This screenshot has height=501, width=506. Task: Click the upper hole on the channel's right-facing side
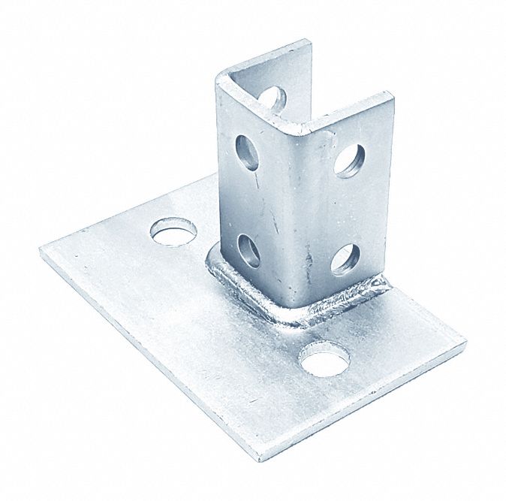[x=350, y=159]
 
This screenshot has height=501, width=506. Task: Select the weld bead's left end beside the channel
[x=211, y=260]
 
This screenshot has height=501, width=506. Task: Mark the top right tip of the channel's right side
[x=392, y=95]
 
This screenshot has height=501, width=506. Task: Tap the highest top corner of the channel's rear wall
[x=309, y=42]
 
